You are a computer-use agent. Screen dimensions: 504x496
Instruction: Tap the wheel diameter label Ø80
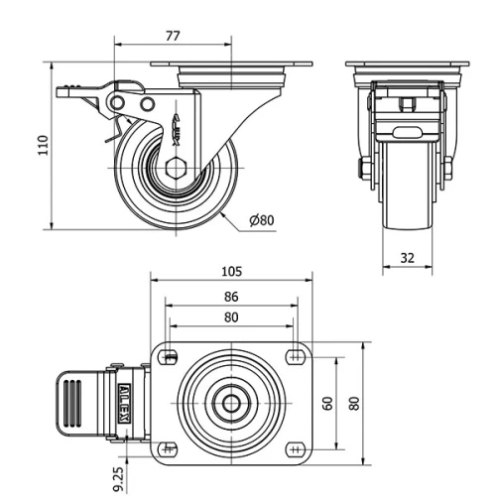[x=262, y=220]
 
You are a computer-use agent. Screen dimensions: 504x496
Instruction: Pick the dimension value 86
[x=231, y=296]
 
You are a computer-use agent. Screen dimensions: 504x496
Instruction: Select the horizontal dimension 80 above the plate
[x=231, y=317]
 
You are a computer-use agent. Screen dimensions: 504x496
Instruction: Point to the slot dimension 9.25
[x=119, y=477]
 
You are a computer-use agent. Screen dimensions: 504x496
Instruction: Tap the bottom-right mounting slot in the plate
[x=295, y=448]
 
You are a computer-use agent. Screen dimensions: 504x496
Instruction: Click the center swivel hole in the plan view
[x=231, y=403]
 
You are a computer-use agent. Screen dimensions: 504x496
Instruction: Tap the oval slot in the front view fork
[x=408, y=132]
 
